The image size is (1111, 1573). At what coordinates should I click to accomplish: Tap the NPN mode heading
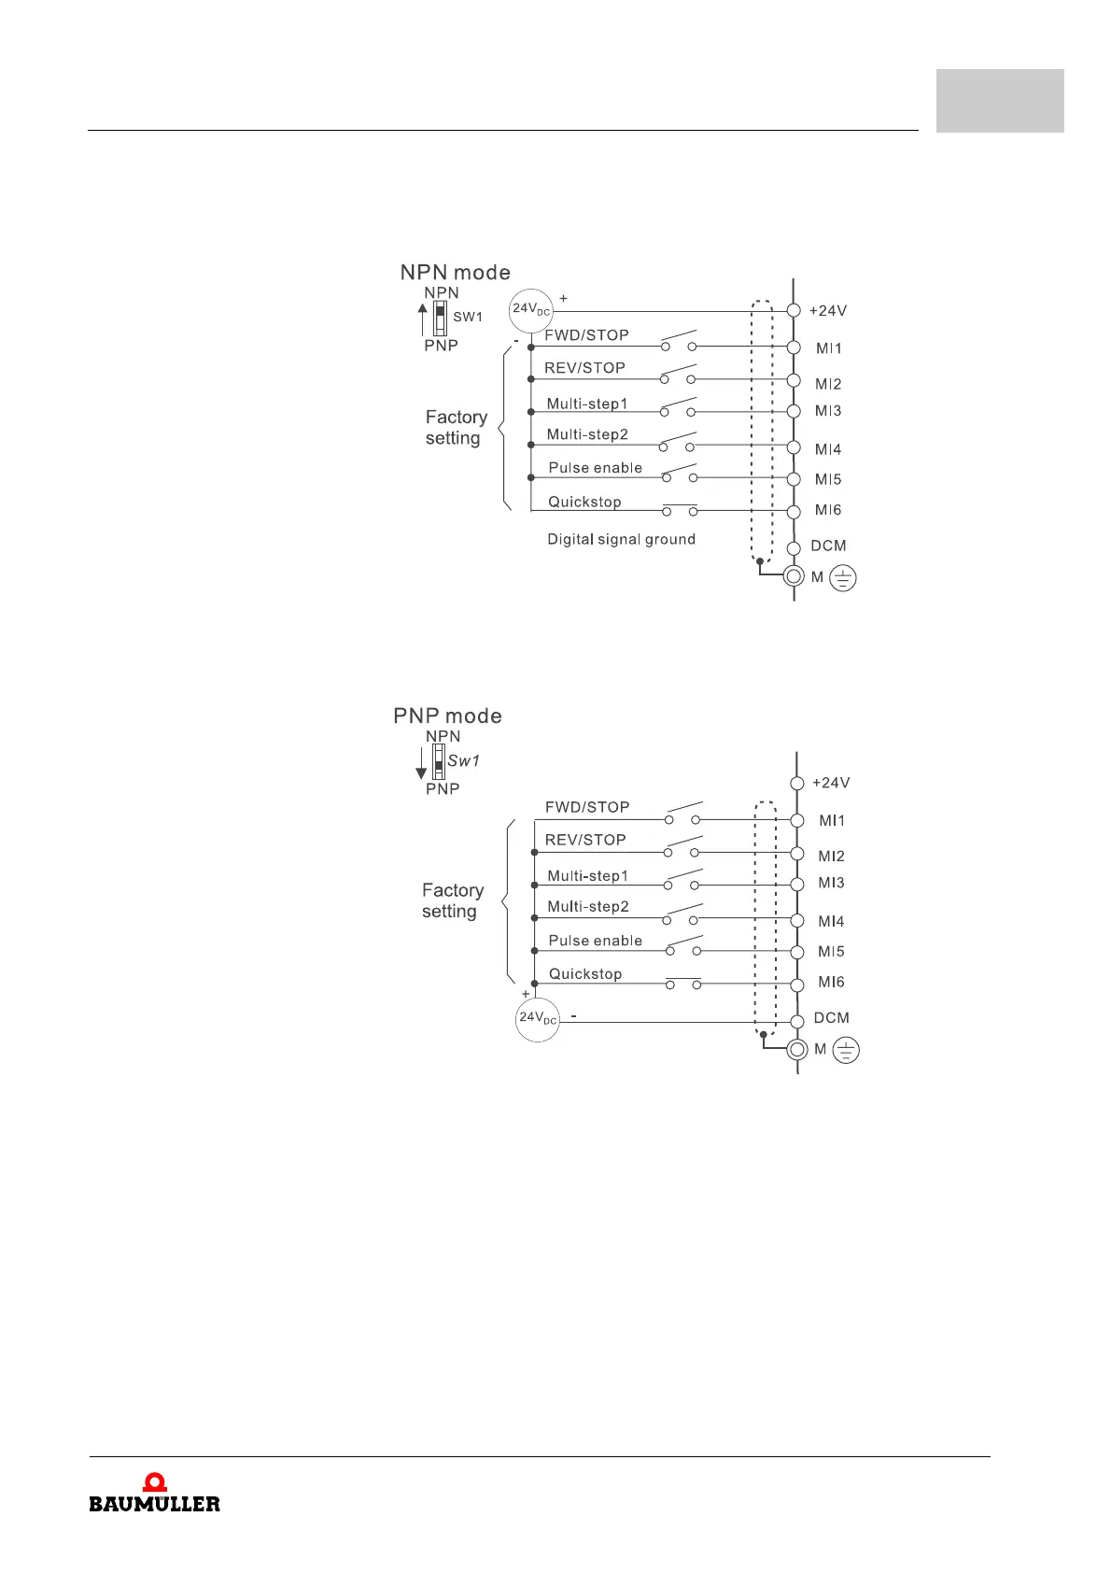pos(455,273)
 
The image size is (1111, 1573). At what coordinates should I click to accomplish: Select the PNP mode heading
pos(447,716)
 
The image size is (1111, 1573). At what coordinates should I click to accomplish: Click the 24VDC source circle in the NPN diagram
pos(531,310)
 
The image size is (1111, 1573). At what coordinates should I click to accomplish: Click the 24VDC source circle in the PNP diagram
pos(538,1018)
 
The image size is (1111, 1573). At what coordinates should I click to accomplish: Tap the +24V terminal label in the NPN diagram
pos(827,311)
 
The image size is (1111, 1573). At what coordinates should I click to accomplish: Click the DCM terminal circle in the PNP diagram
pos(796,1021)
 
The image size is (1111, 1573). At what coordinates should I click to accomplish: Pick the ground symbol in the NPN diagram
pos(842,579)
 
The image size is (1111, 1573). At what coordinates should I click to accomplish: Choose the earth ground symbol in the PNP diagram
pos(845,1052)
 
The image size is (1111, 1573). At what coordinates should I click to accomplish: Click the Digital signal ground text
pos(621,539)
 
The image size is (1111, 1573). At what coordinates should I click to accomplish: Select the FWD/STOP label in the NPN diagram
pos(586,335)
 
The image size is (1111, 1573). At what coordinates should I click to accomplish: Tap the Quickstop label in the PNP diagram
pos(585,974)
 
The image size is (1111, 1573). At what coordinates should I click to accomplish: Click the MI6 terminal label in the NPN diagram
pos(828,510)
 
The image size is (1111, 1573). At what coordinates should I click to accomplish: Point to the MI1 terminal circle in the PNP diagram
pos(796,820)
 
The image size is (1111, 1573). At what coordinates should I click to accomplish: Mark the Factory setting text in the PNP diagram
pos(453,900)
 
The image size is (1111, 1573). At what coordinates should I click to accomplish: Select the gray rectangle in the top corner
pos(1000,101)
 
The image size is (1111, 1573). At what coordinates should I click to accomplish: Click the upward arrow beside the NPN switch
pos(423,319)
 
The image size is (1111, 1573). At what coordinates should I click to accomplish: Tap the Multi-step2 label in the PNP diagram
pos(588,907)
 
